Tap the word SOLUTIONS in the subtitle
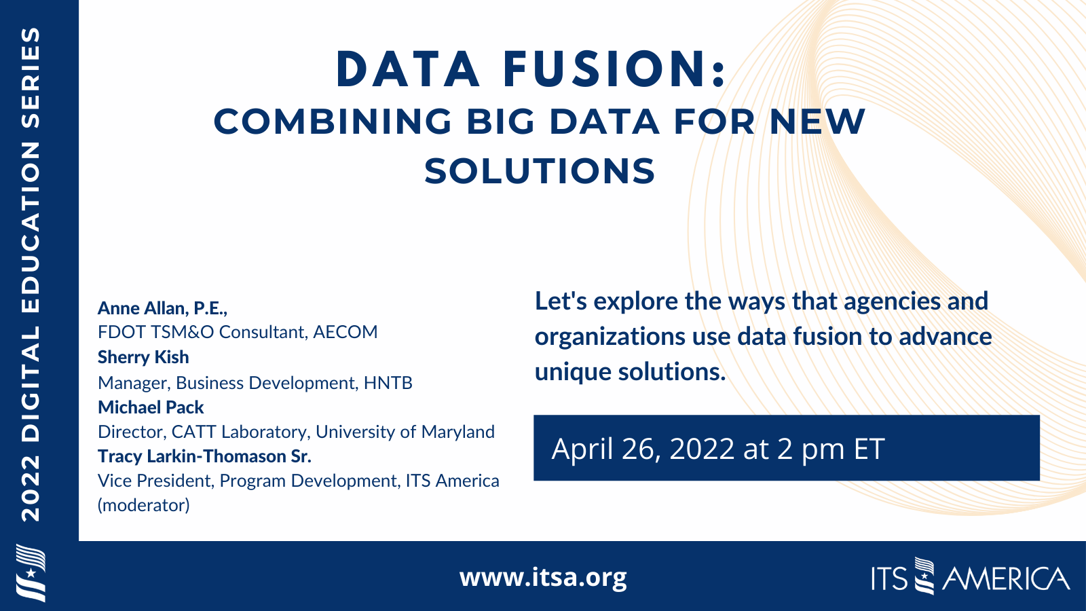click(x=540, y=171)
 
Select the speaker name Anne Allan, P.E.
click(x=162, y=308)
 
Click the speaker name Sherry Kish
click(x=143, y=357)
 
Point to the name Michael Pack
click(x=151, y=407)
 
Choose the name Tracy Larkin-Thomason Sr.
click(x=204, y=456)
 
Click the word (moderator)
click(x=144, y=505)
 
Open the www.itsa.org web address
click(x=543, y=577)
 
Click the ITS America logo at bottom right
click(x=970, y=578)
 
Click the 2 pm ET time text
click(x=831, y=449)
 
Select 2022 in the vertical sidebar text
click(x=31, y=488)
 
